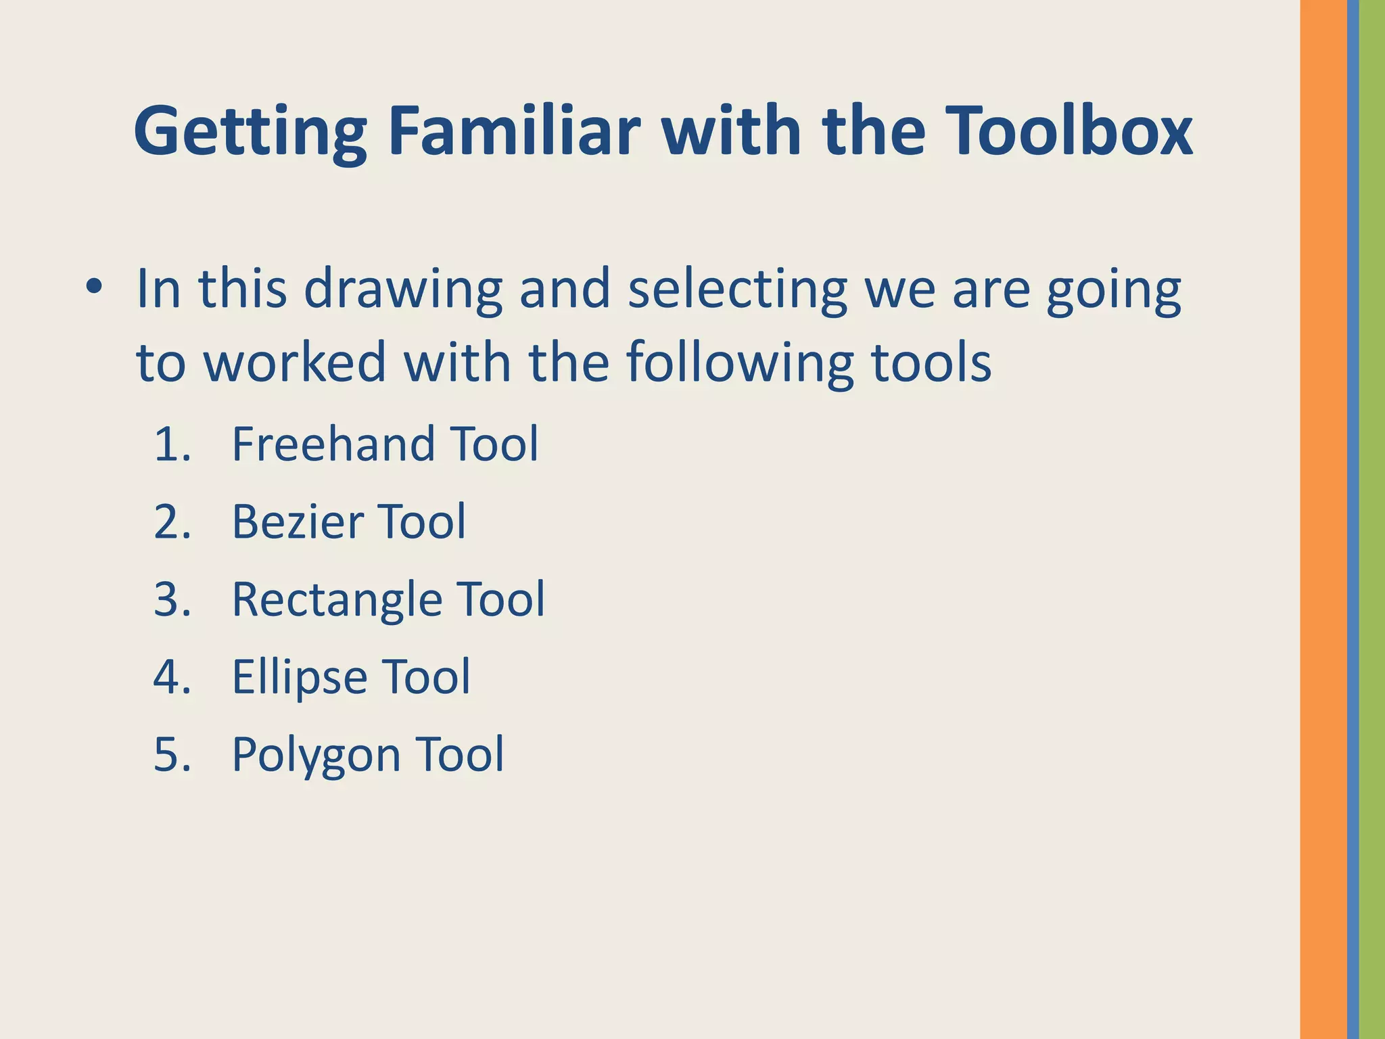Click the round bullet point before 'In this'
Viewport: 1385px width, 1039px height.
(x=94, y=287)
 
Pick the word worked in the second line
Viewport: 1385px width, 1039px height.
(x=295, y=363)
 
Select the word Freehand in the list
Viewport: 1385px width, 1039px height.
(x=333, y=444)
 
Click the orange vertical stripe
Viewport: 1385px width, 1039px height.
(x=1323, y=519)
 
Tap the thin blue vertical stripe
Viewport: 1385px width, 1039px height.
(x=1353, y=519)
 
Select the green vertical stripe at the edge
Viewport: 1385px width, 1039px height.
(x=1372, y=519)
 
